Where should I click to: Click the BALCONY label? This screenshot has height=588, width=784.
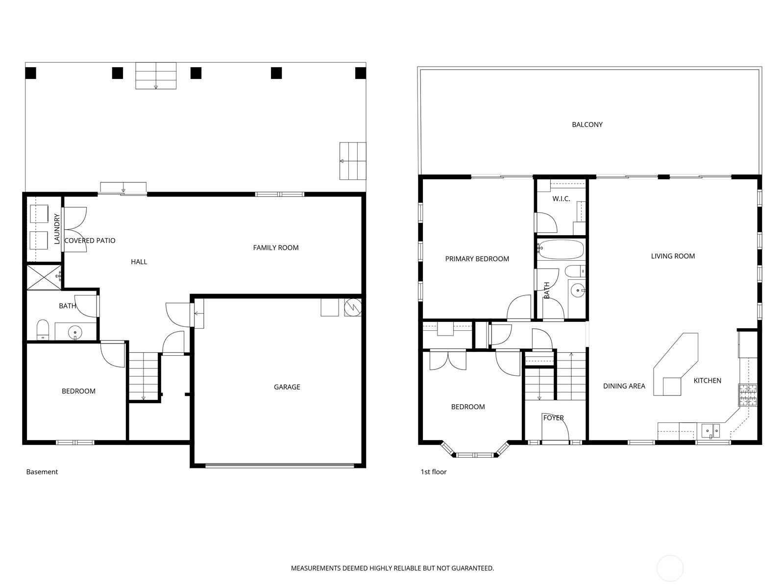(587, 124)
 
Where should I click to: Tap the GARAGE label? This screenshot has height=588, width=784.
(287, 387)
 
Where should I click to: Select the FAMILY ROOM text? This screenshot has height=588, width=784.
(276, 247)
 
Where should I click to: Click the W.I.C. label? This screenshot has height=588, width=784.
(561, 198)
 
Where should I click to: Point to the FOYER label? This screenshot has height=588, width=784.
(553, 417)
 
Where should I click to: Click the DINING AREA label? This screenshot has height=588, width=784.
(624, 386)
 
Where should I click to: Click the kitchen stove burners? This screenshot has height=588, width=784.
(747, 395)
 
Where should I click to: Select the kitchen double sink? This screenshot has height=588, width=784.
(710, 431)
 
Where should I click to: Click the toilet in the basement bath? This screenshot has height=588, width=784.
(43, 330)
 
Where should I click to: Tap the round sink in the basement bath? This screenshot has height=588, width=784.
(75, 332)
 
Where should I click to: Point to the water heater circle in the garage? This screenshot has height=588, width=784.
(353, 308)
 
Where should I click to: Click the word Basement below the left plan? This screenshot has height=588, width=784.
(42, 472)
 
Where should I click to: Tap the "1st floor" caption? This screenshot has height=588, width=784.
(434, 472)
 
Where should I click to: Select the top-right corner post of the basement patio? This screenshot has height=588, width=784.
(360, 73)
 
